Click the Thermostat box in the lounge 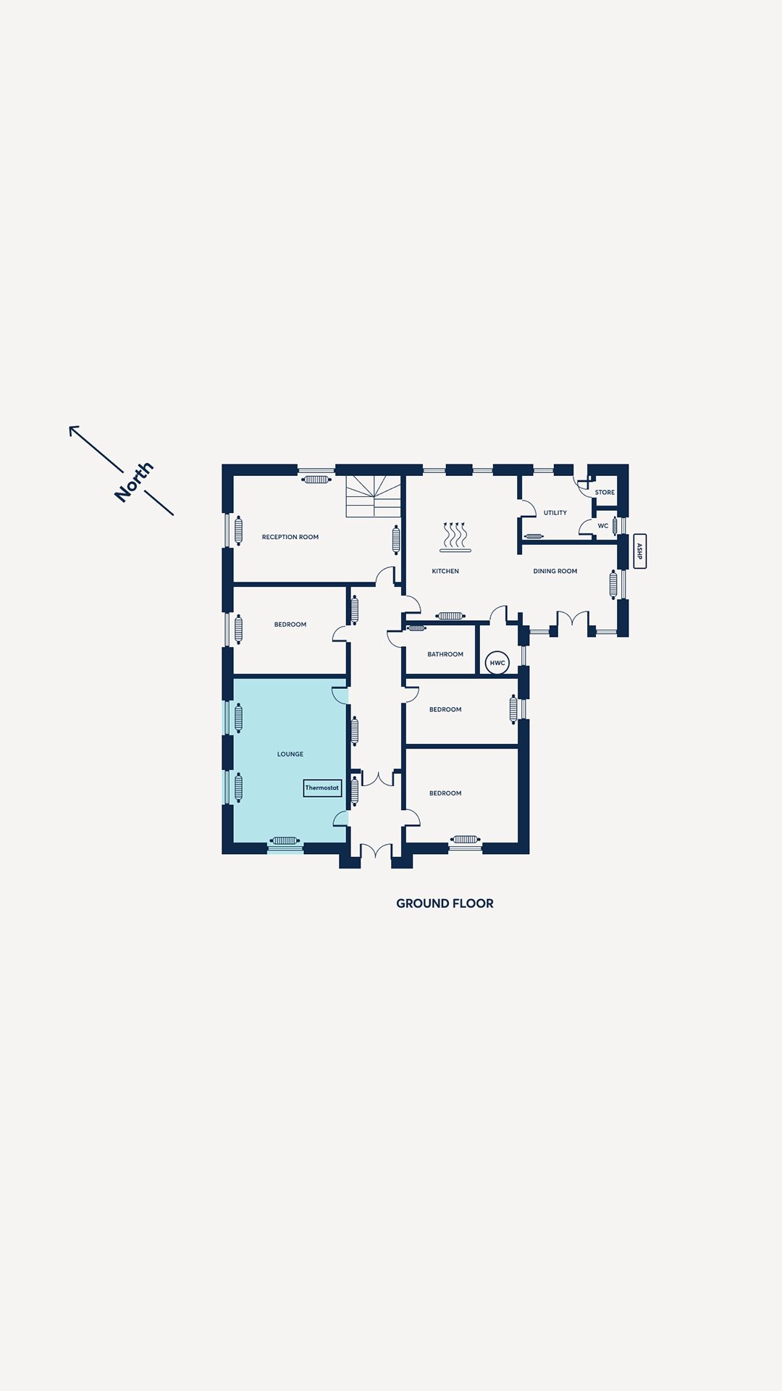[x=322, y=788]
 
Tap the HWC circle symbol [x=497, y=663]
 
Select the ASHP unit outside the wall [x=639, y=551]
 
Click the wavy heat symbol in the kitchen [x=455, y=537]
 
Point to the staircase [x=374, y=496]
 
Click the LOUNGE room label [x=290, y=754]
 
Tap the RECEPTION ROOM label [x=290, y=537]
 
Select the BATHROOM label [x=445, y=654]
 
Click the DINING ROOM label [x=555, y=571]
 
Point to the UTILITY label [x=555, y=513]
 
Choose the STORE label [x=605, y=493]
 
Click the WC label [x=603, y=526]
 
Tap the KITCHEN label [x=445, y=571]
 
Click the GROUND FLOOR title [x=445, y=903]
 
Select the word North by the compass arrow [x=135, y=481]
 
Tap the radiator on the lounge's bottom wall [x=285, y=841]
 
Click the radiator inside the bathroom [x=416, y=628]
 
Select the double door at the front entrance [x=377, y=852]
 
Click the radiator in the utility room [x=534, y=536]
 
